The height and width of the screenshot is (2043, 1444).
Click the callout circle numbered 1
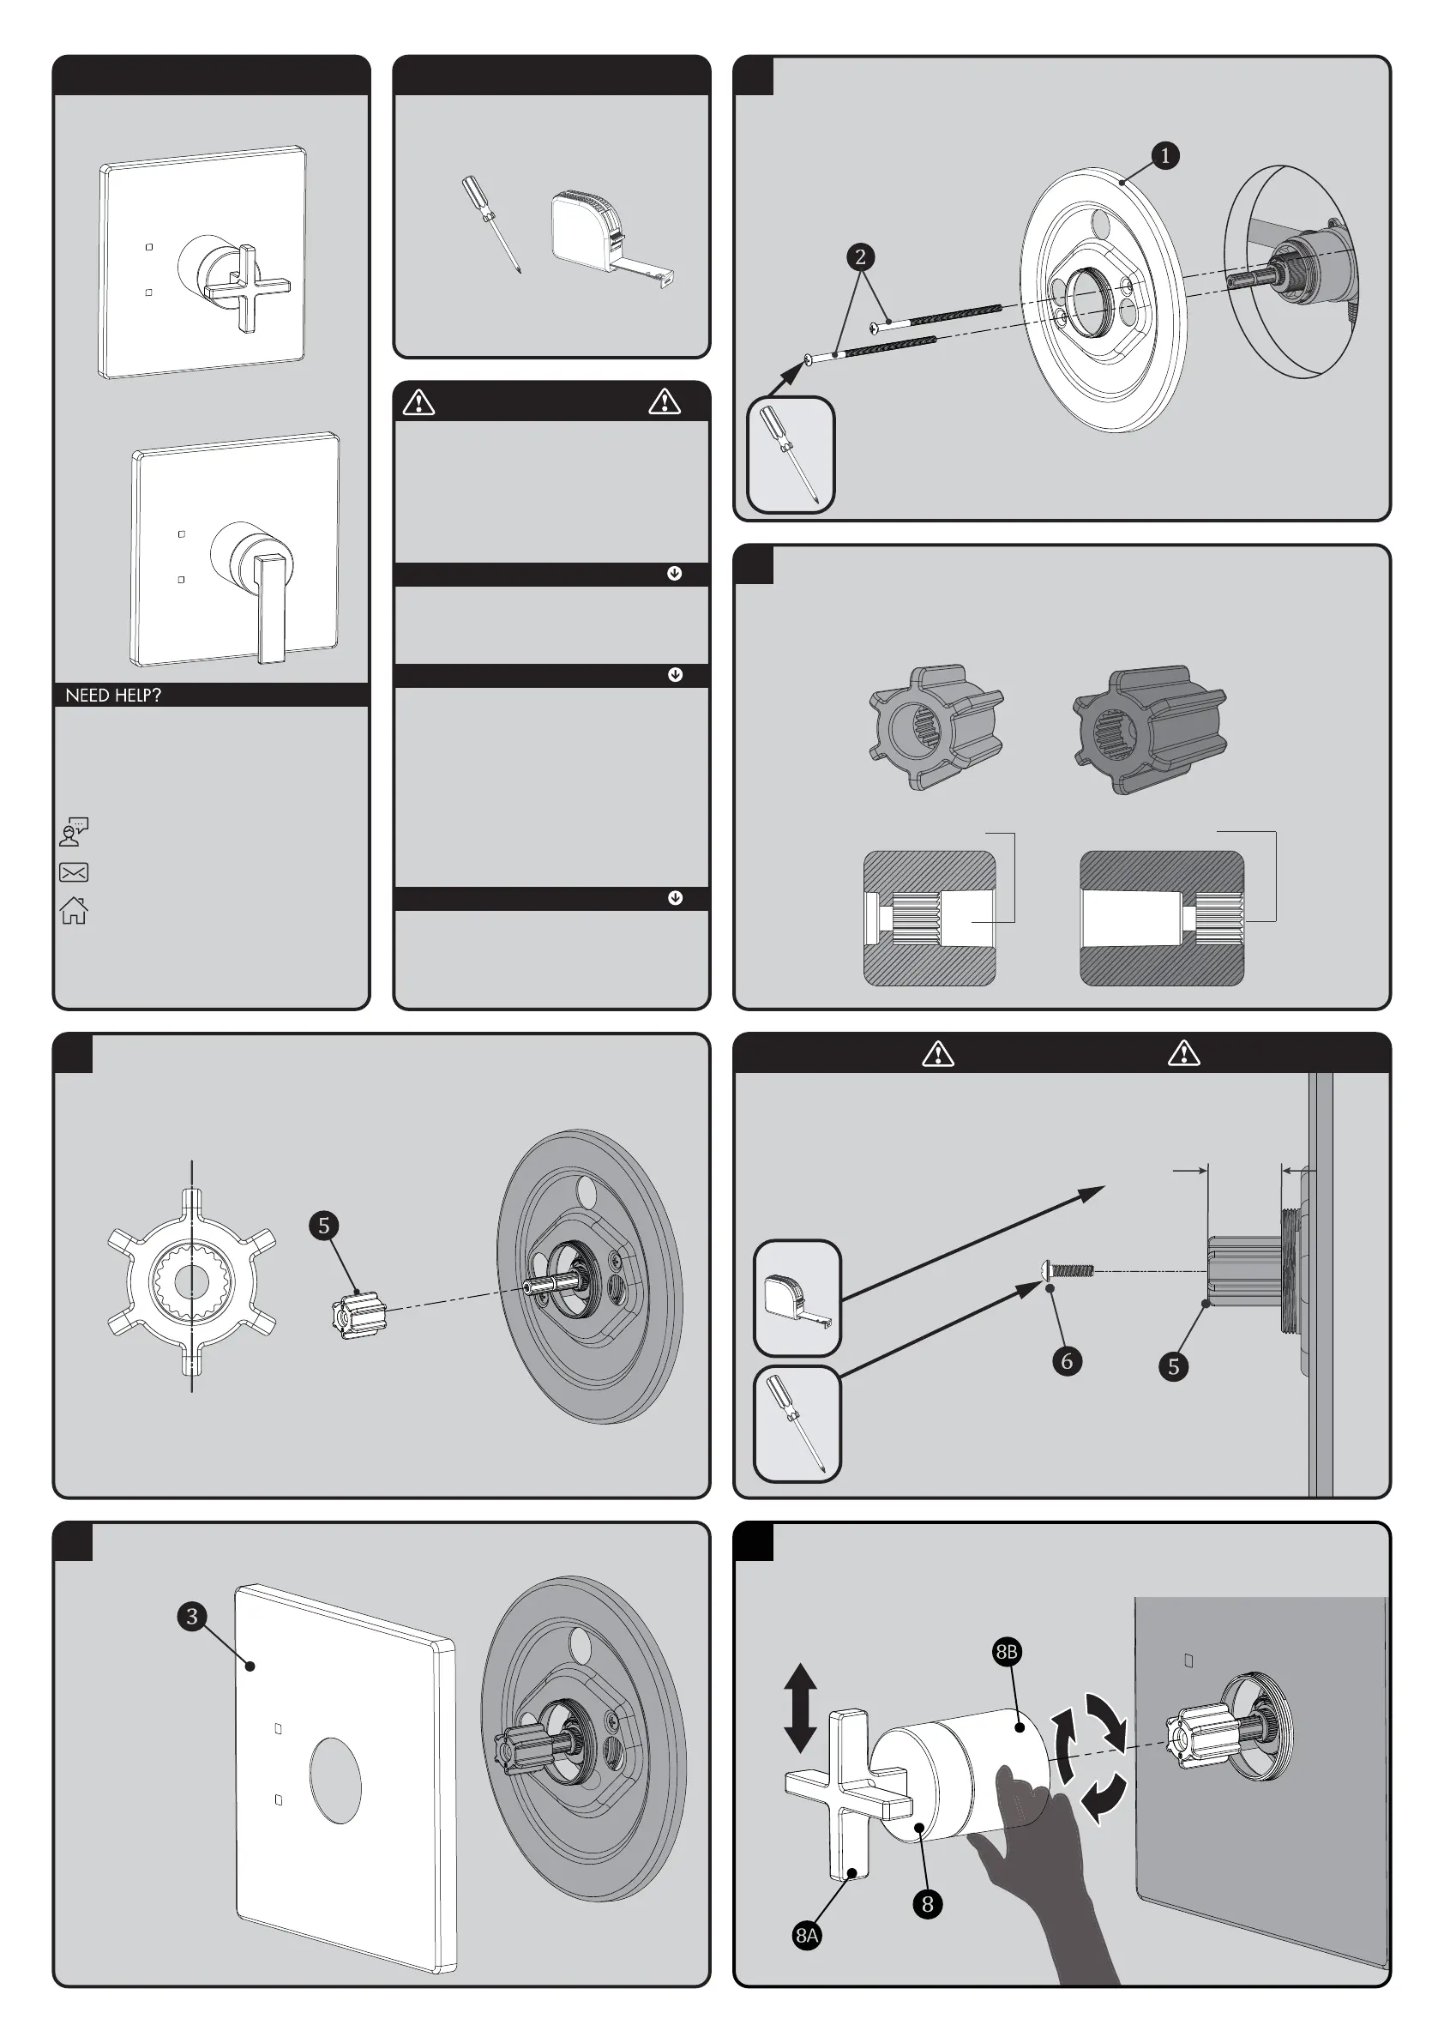coord(1164,156)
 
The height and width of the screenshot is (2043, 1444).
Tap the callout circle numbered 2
coord(859,257)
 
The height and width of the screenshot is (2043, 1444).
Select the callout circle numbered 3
coord(192,1616)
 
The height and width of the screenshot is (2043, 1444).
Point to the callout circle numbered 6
coord(1067,1360)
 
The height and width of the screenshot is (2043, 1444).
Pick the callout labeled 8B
coord(1007,1652)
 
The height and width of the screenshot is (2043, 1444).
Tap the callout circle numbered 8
coord(927,1903)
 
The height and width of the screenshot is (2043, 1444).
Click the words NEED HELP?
coord(113,695)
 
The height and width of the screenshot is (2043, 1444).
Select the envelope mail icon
coord(74,872)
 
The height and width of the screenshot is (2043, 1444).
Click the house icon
coord(74,910)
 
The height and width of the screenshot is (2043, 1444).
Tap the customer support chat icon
coord(74,832)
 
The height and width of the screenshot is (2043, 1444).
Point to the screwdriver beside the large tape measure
coord(490,223)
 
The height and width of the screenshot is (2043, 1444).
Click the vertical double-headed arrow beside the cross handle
coord(800,1708)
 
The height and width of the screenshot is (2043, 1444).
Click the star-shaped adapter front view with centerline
coord(191,1281)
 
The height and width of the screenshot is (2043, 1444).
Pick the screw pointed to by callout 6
coord(1068,1269)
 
